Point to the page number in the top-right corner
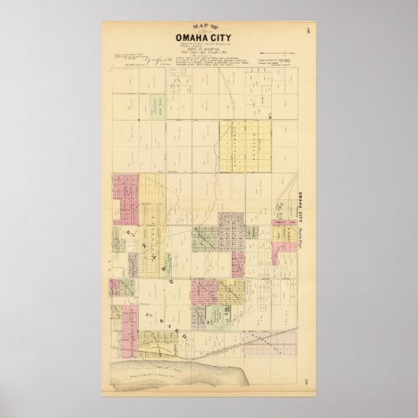(303, 32)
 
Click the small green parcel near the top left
(158, 103)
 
